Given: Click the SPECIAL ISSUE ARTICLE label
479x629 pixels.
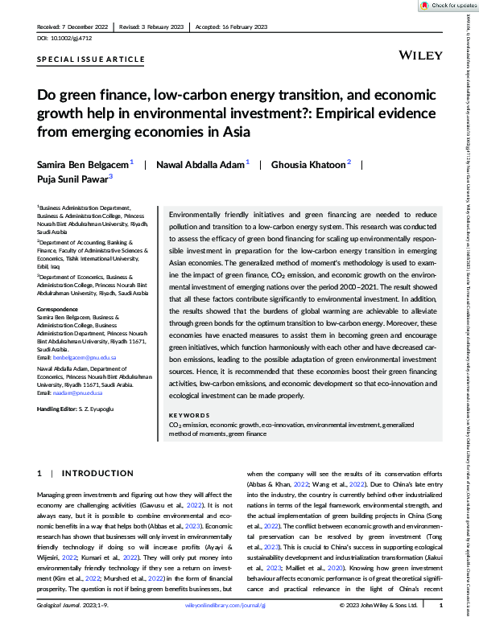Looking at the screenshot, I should (91, 60).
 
